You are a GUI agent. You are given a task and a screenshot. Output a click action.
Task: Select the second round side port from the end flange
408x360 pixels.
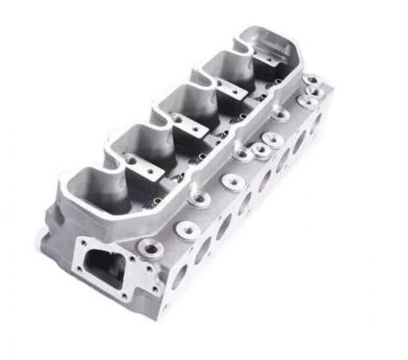coord(203,249)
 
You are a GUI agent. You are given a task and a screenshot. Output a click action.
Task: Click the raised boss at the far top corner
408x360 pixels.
coord(313,79)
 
